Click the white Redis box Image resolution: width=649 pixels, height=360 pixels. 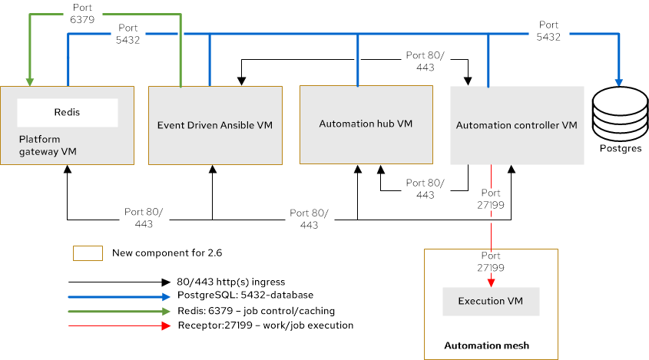click(x=67, y=112)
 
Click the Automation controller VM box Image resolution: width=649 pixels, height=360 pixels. click(x=516, y=124)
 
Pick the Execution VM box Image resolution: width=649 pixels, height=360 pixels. click(x=490, y=301)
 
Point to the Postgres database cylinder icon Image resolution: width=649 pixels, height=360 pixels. click(x=618, y=114)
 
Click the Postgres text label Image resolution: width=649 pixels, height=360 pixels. click(x=618, y=148)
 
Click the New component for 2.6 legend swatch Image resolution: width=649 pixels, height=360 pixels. click(x=88, y=253)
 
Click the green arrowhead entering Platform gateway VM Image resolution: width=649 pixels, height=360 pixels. click(x=29, y=80)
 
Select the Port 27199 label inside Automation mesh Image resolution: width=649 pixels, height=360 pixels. click(x=491, y=262)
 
